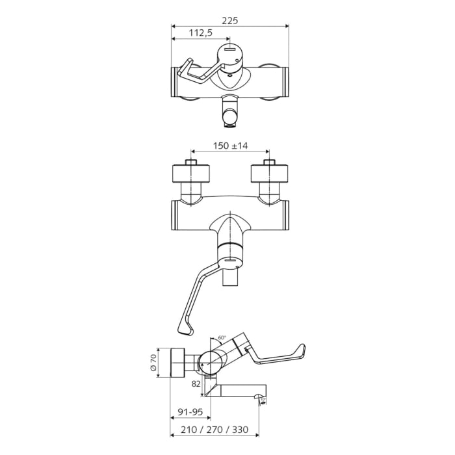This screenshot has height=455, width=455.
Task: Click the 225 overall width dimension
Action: coord(229,20)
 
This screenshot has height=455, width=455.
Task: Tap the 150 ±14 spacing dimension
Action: coord(230,146)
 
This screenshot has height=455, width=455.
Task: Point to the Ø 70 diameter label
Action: coord(154,362)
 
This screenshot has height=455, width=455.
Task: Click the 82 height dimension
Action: coord(196,385)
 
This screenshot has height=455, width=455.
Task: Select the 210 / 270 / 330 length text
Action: coord(214,428)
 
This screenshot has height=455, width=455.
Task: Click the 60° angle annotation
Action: coord(222,338)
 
